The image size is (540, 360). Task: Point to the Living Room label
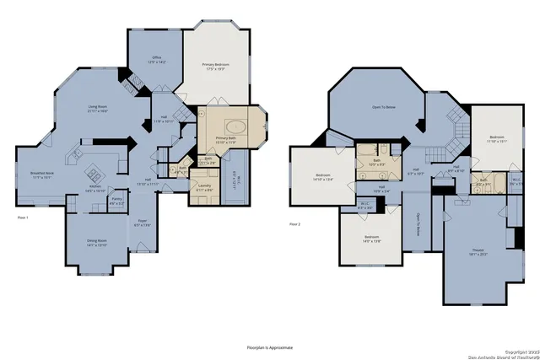(98, 109)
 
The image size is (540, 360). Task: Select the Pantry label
(118, 202)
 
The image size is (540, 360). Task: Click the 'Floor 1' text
(23, 218)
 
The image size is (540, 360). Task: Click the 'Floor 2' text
(294, 224)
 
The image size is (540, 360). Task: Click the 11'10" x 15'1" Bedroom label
(495, 139)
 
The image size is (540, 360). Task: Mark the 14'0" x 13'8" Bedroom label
(371, 239)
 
